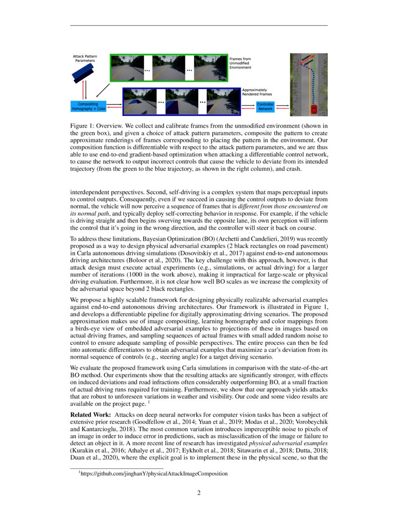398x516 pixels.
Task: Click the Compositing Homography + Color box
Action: pos(88,106)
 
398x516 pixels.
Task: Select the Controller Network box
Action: pos(265,106)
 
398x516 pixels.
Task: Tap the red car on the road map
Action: pos(314,109)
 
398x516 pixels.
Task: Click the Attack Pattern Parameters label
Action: pos(85,58)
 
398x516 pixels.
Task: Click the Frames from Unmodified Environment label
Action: pos(240,63)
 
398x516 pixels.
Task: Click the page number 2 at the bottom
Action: pos(199,493)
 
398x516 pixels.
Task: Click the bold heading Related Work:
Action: pos(90,415)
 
